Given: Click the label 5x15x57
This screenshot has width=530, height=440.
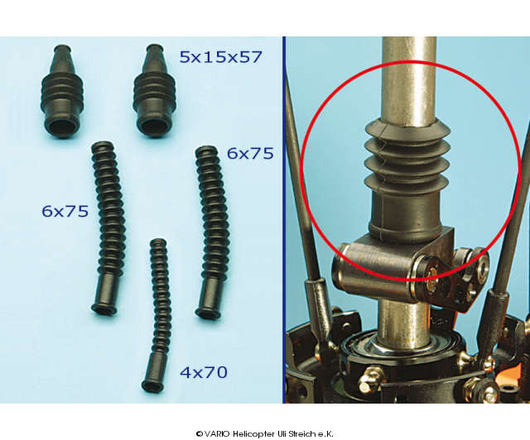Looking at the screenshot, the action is [221, 57].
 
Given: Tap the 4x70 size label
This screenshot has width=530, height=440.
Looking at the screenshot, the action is [204, 372].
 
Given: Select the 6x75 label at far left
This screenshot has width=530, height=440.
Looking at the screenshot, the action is [65, 212].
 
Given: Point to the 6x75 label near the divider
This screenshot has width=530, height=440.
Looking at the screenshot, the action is [250, 153].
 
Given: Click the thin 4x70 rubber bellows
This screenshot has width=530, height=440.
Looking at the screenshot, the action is [156, 316].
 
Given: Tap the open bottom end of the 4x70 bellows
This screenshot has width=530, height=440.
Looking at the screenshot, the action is [152, 386].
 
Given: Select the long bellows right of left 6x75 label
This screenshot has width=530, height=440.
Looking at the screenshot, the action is [107, 228].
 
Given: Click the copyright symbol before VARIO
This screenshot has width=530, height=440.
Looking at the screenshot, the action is [200, 434].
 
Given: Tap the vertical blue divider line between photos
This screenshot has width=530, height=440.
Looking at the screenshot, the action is [284, 220].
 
